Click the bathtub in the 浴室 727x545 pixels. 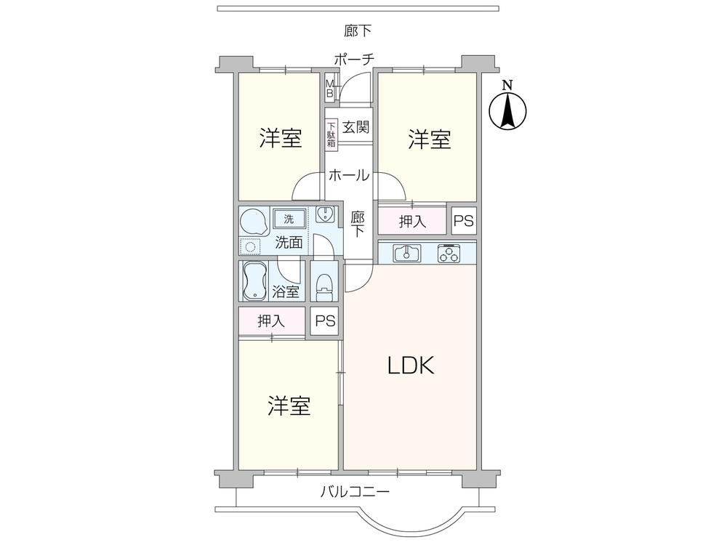pos(254,280)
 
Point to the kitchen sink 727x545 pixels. pos(406,254)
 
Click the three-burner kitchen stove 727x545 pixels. pos(449,254)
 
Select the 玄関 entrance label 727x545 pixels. pos(356,128)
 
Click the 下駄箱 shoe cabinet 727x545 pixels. pos(332,134)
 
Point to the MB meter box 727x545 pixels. pos(329,89)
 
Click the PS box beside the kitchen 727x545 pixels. pos(463,221)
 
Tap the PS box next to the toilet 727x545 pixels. pos(325,321)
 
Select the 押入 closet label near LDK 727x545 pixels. pos(412,221)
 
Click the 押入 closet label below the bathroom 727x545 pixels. pos(271,320)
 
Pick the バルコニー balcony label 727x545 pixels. pos(356,492)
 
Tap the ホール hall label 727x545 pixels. pos(348,175)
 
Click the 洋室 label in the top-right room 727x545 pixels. pos(429,139)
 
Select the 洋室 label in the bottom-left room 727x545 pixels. pos(289,405)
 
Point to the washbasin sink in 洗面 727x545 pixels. pos(324,214)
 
